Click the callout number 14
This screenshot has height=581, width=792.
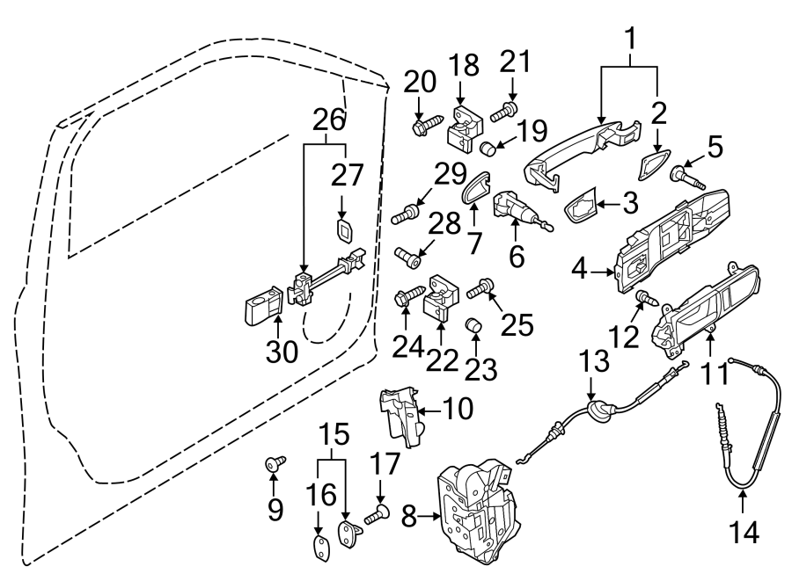742,531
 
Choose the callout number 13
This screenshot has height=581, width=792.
593,361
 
